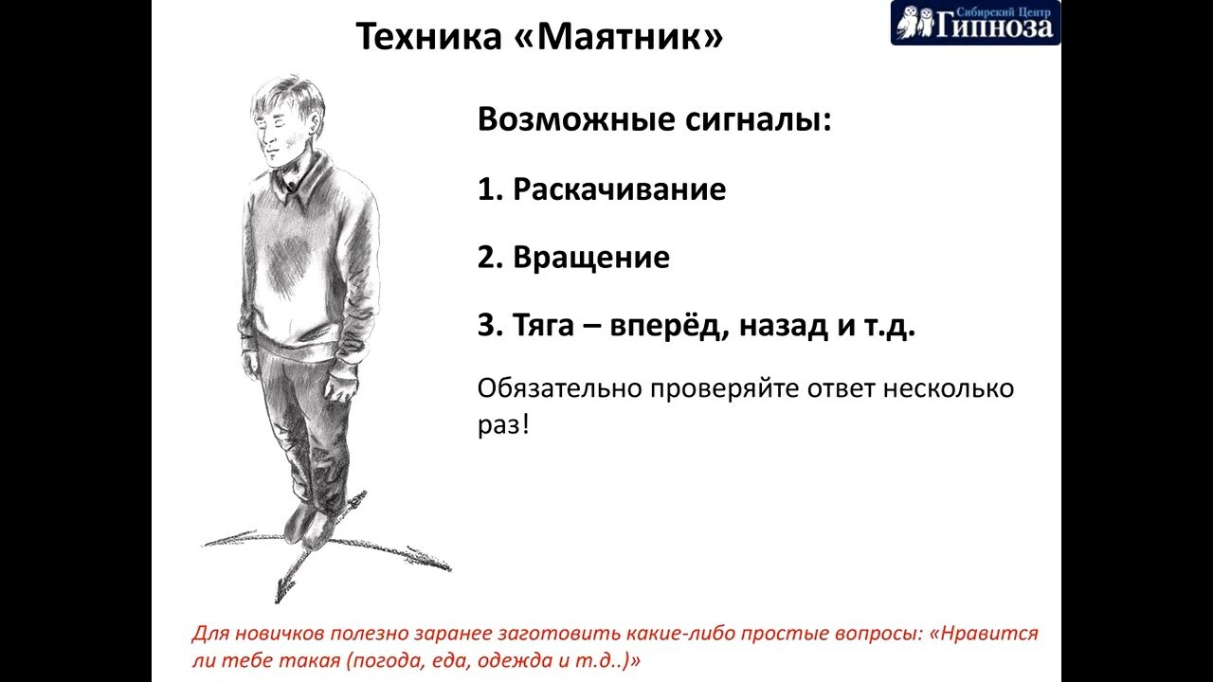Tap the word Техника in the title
[428, 36]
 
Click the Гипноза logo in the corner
[975, 23]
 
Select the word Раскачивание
[619, 189]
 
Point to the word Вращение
[590, 258]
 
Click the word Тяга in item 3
[543, 325]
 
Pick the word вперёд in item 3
[665, 326]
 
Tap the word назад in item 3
[784, 326]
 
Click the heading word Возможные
[576, 119]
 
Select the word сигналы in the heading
[758, 119]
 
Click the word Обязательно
[559, 388]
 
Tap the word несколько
[949, 388]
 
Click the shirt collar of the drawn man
[303, 181]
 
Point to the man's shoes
[308, 524]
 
